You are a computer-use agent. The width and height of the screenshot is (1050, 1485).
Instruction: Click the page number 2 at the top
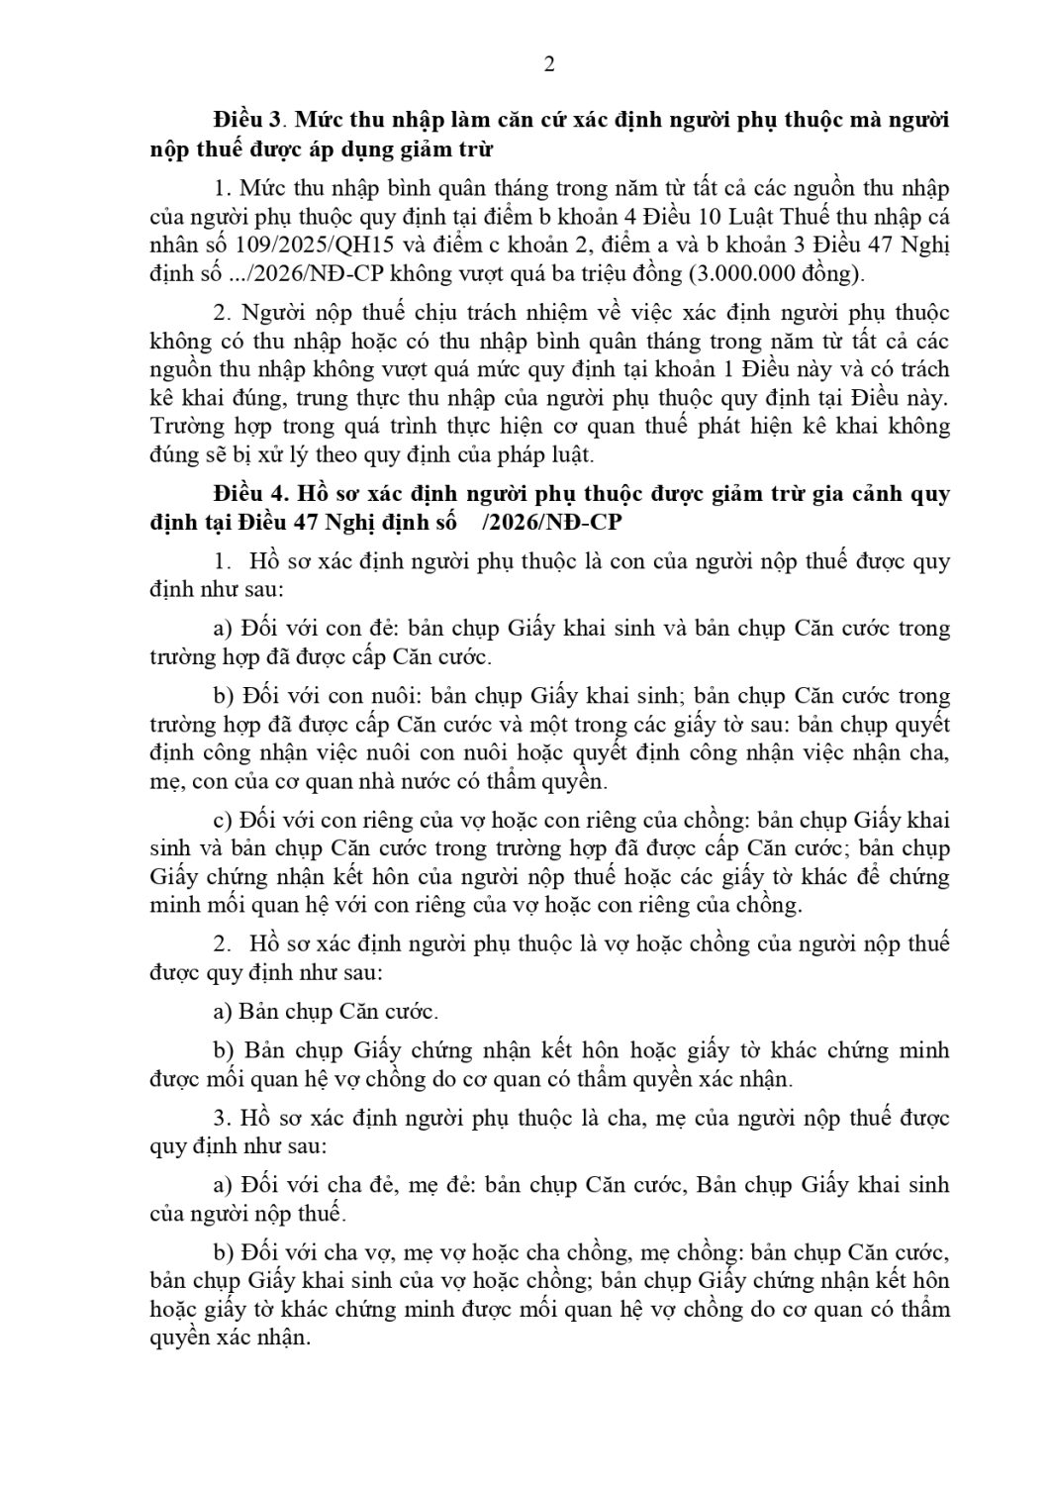tap(549, 64)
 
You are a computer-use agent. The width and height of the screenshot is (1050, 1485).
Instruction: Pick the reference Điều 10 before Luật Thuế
tap(649, 217)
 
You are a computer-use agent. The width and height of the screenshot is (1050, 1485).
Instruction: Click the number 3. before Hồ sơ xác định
tap(223, 1118)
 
